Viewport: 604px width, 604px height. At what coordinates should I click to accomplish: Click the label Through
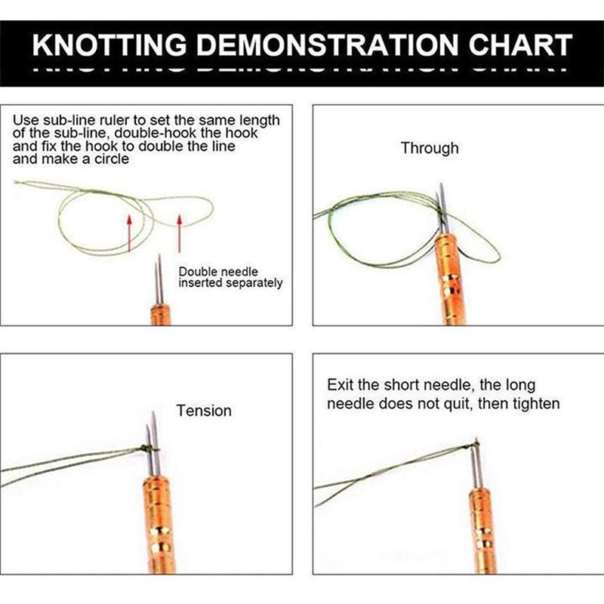tap(430, 148)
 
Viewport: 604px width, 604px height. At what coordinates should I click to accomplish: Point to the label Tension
tap(204, 411)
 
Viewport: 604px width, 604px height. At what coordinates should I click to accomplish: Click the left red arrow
tap(129, 231)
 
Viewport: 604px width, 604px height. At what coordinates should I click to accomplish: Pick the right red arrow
tap(180, 231)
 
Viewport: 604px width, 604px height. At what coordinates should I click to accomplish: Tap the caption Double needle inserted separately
tap(230, 277)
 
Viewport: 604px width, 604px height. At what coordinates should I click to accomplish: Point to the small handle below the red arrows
tap(159, 314)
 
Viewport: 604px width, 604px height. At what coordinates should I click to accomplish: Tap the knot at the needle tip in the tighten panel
tap(475, 443)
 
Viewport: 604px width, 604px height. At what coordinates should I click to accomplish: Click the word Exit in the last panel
tap(340, 385)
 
